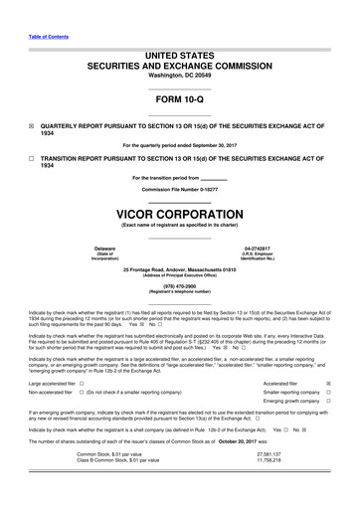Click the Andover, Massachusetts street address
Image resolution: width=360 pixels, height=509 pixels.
(x=180, y=269)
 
